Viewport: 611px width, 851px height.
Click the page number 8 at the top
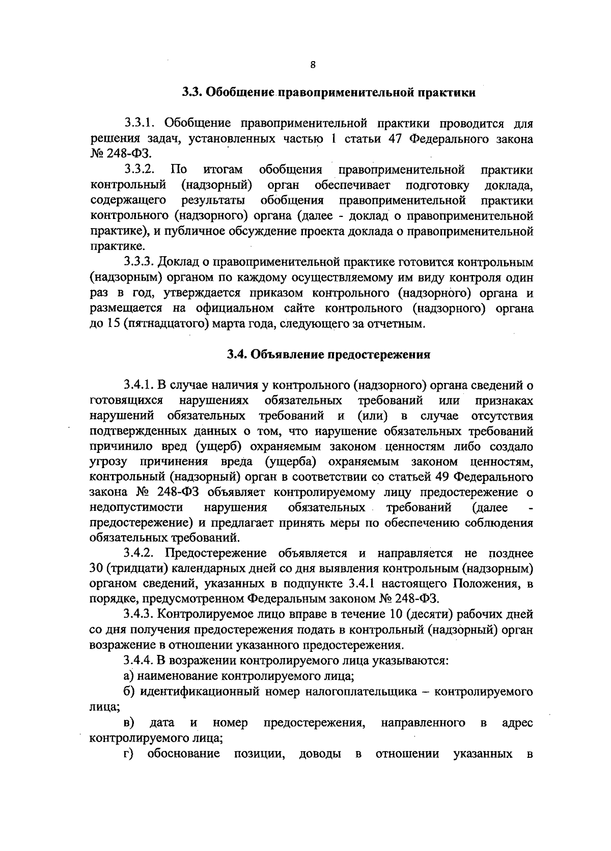(x=313, y=65)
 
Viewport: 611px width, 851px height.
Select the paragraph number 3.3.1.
(x=141, y=123)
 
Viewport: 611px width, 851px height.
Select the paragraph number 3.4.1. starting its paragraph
(x=140, y=385)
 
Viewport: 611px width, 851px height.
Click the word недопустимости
(x=136, y=508)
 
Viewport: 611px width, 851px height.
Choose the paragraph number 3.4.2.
(x=140, y=554)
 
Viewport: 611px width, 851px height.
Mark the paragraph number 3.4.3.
(x=140, y=615)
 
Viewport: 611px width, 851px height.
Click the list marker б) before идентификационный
(x=129, y=692)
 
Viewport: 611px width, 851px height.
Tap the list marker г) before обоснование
(x=129, y=753)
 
